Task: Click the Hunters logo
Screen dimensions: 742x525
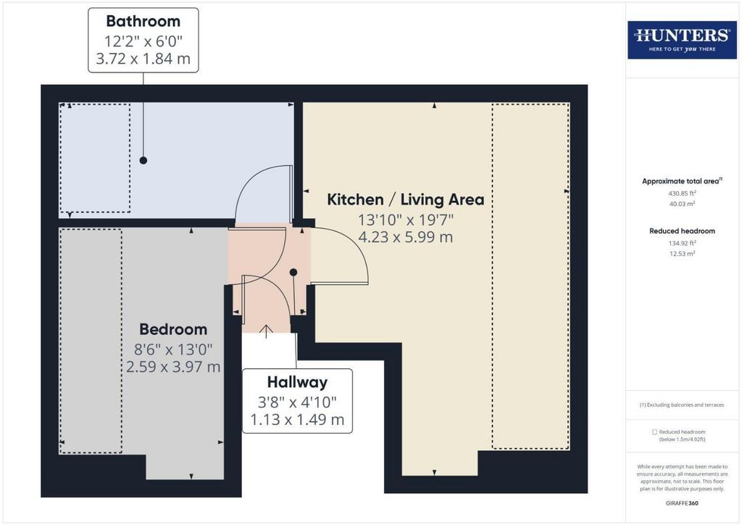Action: (682, 40)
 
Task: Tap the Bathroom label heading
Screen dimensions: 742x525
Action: (143, 21)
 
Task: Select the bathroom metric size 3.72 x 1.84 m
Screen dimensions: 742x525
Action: (143, 59)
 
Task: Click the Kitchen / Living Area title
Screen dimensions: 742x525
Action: (406, 199)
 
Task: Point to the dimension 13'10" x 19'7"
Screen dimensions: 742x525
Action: (406, 220)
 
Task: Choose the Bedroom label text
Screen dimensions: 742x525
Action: (173, 329)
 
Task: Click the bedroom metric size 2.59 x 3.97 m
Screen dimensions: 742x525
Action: (173, 366)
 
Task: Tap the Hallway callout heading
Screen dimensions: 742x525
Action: (297, 382)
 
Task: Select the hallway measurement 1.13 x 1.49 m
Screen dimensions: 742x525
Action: (297, 419)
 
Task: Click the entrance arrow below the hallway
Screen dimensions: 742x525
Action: (267, 331)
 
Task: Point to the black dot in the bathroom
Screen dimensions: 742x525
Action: (143, 160)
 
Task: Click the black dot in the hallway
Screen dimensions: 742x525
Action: (293, 272)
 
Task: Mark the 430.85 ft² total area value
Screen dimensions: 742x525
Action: (682, 193)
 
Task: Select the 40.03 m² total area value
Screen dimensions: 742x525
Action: (682, 204)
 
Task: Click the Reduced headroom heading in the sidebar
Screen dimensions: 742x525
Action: (682, 231)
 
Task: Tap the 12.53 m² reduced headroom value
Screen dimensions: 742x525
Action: (682, 254)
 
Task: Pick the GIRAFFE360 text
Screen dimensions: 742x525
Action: (682, 503)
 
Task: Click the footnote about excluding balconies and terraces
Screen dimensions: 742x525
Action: (682, 405)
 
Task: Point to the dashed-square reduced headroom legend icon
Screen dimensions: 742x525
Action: (654, 432)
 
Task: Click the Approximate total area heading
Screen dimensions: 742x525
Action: (682, 181)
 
